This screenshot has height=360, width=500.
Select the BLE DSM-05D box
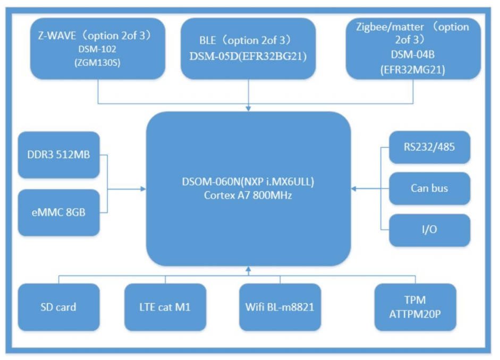(x=248, y=48)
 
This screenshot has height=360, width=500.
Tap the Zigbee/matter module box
(x=413, y=48)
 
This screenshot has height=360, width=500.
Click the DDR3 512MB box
(x=59, y=155)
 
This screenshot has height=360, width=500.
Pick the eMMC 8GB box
(x=59, y=212)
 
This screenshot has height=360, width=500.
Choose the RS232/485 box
(x=429, y=147)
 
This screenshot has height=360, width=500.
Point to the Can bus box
(x=429, y=188)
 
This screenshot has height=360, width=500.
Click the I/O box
(x=429, y=230)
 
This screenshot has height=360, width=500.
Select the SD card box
(x=59, y=307)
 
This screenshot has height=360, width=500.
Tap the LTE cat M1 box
(x=165, y=307)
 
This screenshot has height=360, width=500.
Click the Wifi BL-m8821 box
(x=280, y=307)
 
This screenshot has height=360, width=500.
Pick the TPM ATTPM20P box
(x=415, y=307)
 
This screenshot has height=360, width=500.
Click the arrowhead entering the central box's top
(x=249, y=109)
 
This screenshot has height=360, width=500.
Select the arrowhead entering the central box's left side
(x=143, y=188)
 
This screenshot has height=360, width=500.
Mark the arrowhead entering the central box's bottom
(x=248, y=269)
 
